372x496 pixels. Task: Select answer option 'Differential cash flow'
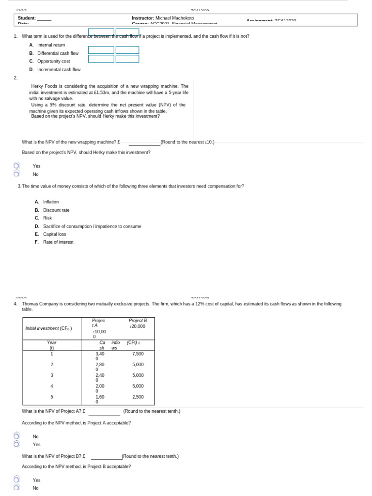click(x=58, y=53)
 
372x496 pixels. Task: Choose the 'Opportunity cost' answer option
click(x=53, y=62)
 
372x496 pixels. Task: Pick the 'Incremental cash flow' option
click(x=59, y=70)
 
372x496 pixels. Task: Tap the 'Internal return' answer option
click(x=51, y=45)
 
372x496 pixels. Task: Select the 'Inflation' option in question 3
click(x=51, y=202)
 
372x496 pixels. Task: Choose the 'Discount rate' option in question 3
click(x=56, y=210)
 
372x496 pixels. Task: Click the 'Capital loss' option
click(x=55, y=234)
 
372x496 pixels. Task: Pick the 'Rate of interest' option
click(x=58, y=242)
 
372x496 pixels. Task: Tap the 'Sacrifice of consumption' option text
click(x=92, y=226)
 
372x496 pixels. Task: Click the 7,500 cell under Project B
click(x=138, y=354)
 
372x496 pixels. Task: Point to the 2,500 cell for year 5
click(x=138, y=397)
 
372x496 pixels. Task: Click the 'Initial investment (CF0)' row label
click(x=48, y=328)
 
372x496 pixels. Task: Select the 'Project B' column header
click(x=138, y=321)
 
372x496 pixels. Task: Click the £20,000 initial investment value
click(x=138, y=326)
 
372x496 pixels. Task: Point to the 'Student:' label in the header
click(x=27, y=18)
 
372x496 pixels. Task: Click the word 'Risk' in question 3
click(x=47, y=218)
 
